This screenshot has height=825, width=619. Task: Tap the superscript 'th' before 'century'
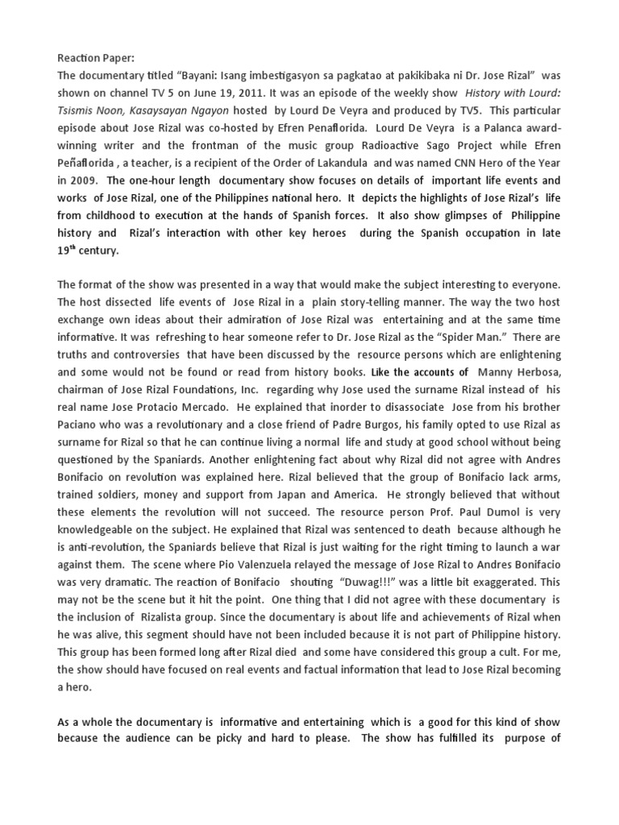tap(76, 246)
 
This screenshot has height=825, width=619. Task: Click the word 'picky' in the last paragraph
tap(249, 741)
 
